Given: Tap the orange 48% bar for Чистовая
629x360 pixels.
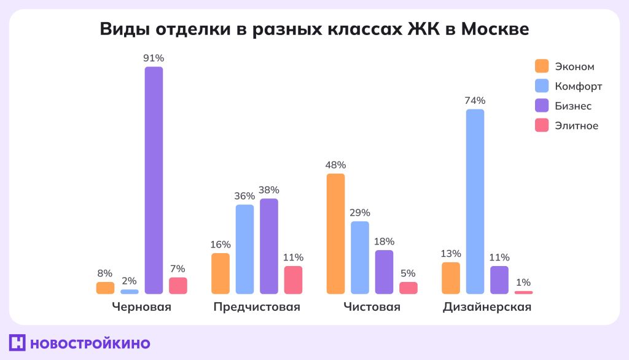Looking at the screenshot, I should [335, 233].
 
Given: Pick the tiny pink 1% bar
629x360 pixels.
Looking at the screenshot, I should [523, 292].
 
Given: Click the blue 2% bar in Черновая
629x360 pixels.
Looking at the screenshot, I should [130, 291].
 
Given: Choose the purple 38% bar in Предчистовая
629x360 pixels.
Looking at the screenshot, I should [268, 246].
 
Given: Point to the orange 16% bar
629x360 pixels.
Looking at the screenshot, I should [221, 273].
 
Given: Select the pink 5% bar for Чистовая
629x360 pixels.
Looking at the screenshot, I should [408, 288].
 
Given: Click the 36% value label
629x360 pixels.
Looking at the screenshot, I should [244, 196].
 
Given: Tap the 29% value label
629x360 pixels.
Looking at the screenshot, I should [360, 213].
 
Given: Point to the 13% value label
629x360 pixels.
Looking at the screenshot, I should [450, 254].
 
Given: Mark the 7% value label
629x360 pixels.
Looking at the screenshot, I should [178, 268].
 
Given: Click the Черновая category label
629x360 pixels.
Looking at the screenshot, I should [141, 307].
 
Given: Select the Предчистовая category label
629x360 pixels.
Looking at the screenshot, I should [257, 307].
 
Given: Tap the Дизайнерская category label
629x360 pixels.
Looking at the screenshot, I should [487, 307].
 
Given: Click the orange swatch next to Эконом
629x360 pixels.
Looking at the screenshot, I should [542, 66].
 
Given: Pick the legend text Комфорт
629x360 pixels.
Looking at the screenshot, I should [578, 86].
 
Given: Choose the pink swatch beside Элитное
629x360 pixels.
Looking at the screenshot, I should [542, 125].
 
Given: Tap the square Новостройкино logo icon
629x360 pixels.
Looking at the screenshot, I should [17, 343].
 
